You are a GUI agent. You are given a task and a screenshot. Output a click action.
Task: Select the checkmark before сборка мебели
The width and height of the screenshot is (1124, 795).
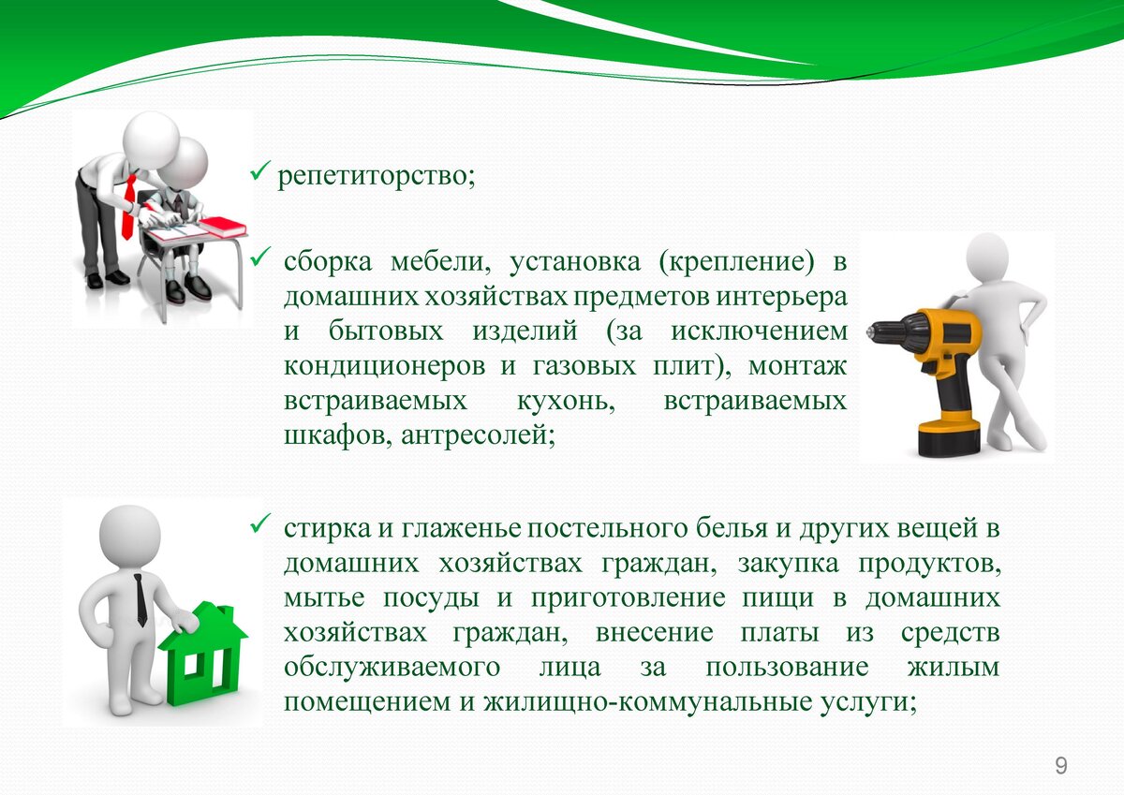pyautogui.click(x=260, y=257)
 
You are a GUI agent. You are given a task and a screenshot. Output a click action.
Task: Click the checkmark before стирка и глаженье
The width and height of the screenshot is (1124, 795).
pyautogui.click(x=260, y=523)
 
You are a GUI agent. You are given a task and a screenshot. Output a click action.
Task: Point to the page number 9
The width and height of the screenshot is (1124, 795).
pyautogui.click(x=1061, y=766)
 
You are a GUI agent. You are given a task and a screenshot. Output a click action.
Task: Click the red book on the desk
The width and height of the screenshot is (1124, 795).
pyautogui.click(x=223, y=227)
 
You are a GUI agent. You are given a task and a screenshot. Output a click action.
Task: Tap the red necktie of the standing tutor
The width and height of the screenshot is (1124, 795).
pyautogui.click(x=129, y=207)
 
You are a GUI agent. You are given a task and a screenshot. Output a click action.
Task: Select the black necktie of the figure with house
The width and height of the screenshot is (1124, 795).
pyautogui.click(x=140, y=600)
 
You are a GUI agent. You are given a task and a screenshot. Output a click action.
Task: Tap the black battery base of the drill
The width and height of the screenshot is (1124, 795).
pyautogui.click(x=949, y=437)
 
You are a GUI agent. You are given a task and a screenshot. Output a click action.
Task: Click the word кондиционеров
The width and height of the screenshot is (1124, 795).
pyautogui.click(x=384, y=366)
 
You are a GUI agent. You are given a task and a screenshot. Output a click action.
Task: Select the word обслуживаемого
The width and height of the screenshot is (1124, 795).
pyautogui.click(x=392, y=668)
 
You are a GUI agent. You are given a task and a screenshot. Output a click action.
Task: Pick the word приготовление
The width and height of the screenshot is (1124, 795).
pyautogui.click(x=629, y=598)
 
